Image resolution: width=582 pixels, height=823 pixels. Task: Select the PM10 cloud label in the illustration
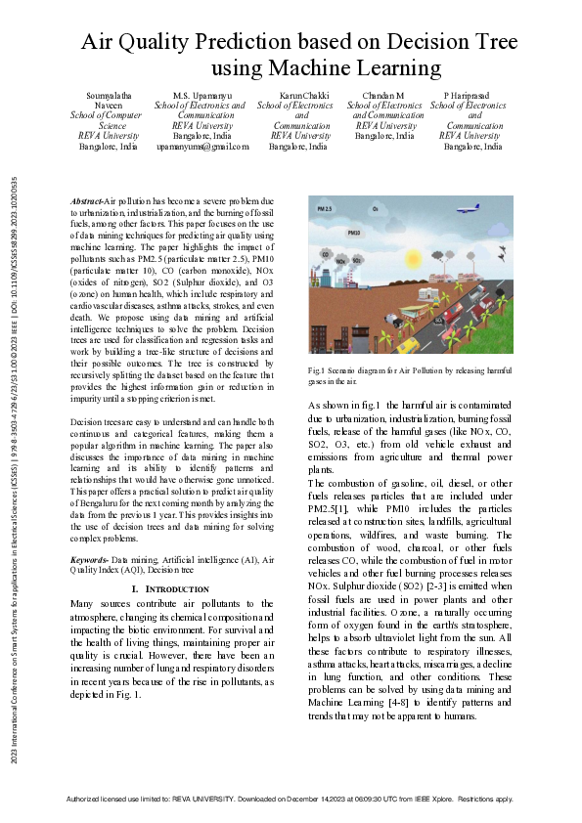(x=354, y=235)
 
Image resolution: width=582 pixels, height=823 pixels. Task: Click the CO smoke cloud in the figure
(x=324, y=255)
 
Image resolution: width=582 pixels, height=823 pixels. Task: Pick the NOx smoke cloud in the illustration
(x=341, y=261)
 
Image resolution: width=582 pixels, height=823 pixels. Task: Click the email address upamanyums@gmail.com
(x=203, y=146)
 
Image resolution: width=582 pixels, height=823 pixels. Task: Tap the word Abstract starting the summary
(x=86, y=200)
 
